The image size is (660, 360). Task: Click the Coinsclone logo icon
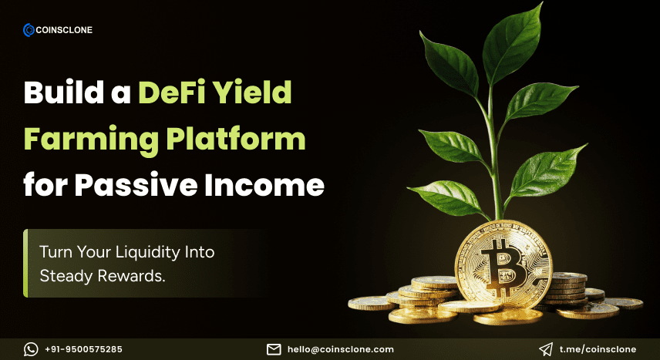[x=29, y=30]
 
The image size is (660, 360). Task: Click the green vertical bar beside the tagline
[x=25, y=263]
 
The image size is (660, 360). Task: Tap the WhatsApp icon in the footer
[x=31, y=349]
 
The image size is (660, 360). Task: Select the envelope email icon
[x=273, y=349]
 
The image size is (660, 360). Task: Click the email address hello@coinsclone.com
[x=340, y=349]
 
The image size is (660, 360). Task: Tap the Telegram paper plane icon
[x=545, y=349]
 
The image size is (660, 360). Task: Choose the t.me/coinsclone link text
[x=596, y=349]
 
